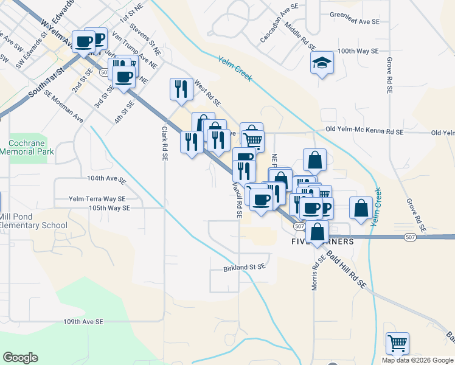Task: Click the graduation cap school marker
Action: coord(322,63)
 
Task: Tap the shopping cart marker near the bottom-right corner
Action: coord(397,343)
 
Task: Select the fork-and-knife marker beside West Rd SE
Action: coord(181,89)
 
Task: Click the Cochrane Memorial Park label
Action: coord(27,147)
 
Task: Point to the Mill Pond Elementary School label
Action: coord(33,220)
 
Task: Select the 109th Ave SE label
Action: coord(83,321)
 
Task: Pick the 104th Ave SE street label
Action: coord(106,180)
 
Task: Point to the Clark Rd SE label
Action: coord(164,143)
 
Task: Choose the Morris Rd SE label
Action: coord(315,273)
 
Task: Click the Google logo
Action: coord(21,358)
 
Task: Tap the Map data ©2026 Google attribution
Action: coord(417,360)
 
